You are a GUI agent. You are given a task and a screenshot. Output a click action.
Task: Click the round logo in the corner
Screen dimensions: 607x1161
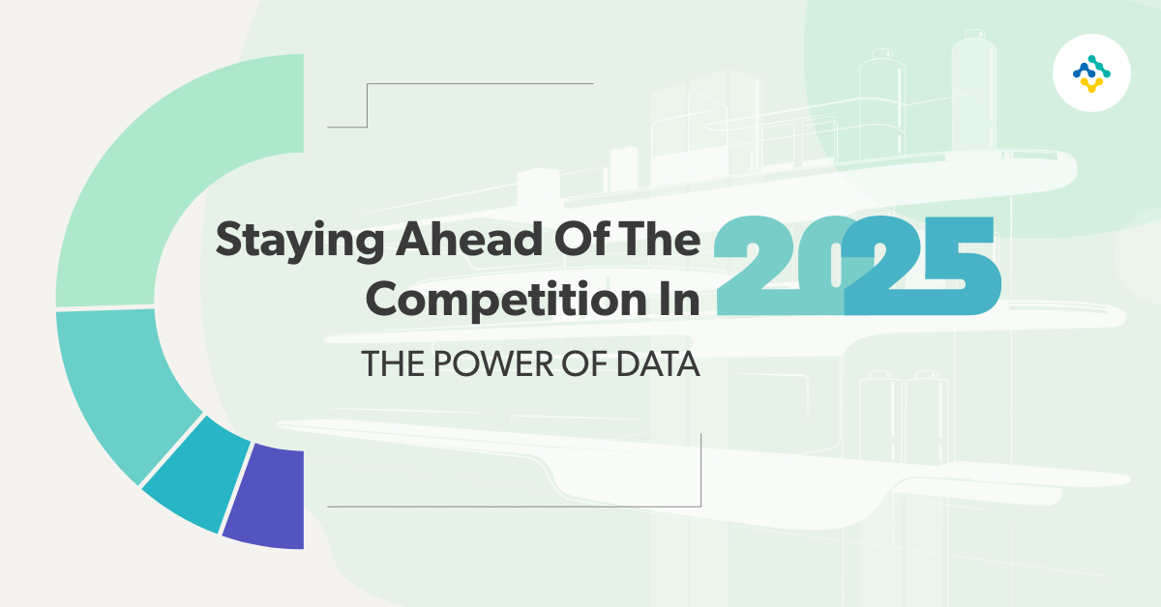[x=1090, y=72]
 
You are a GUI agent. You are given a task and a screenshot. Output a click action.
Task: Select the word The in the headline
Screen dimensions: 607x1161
[x=663, y=238]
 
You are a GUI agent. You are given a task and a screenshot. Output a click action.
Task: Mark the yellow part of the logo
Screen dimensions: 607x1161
[x=1090, y=84]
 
